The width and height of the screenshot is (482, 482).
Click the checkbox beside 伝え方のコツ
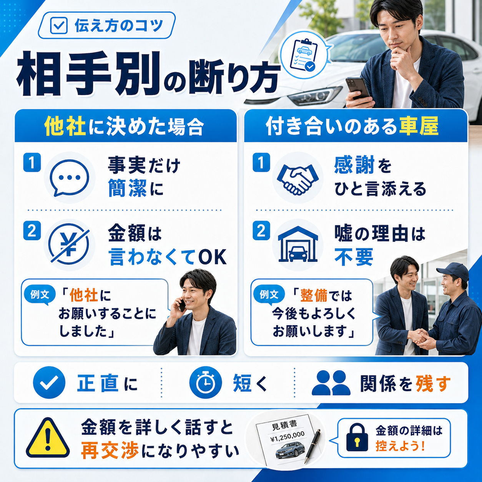tap(58, 25)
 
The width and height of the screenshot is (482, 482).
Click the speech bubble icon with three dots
tap(70, 178)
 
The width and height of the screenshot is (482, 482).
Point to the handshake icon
tap(298, 179)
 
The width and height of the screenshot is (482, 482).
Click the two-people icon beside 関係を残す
tap(331, 383)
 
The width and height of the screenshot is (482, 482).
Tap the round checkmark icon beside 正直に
tap(49, 382)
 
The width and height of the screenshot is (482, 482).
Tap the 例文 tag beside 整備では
tap(269, 295)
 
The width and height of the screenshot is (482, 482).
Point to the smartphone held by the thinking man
tap(357, 88)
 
